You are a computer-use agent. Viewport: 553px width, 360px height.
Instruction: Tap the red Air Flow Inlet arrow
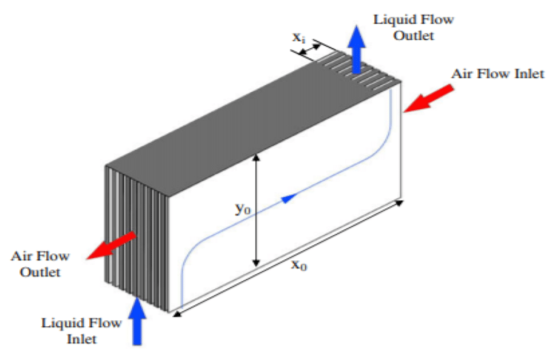[430, 98]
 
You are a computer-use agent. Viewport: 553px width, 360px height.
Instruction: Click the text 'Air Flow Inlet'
[498, 73]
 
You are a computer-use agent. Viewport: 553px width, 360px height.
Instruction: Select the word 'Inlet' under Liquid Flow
[81, 339]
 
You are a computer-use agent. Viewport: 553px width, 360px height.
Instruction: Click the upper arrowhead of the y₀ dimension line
[256, 157]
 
